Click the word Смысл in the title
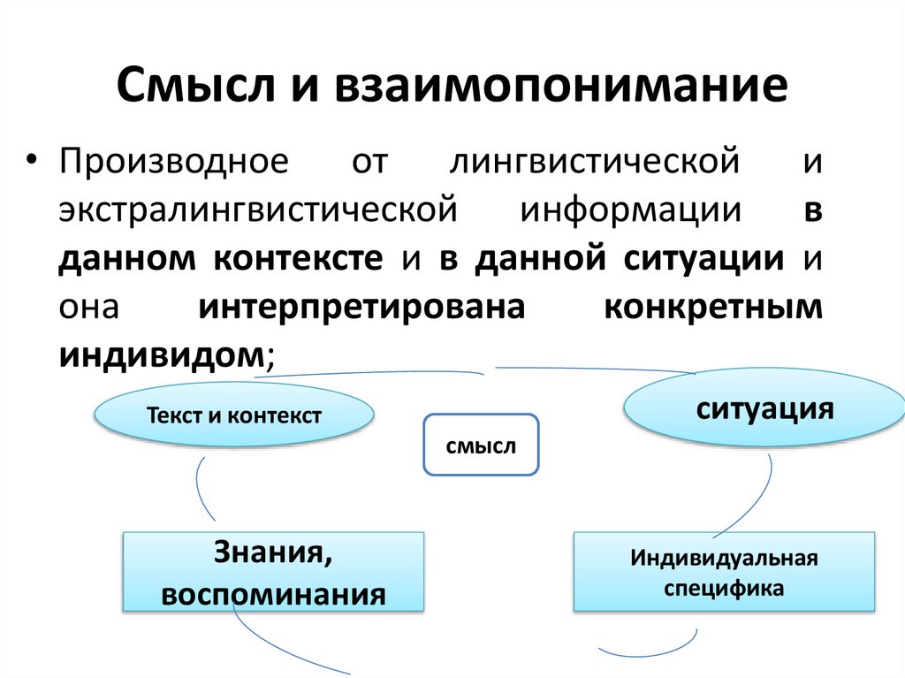tap(189, 87)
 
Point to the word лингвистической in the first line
tap(594, 163)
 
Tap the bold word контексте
tap(297, 258)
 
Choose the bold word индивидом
tap(161, 354)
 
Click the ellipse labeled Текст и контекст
tap(233, 415)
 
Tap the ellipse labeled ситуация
tap(764, 409)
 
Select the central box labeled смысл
tap(481, 446)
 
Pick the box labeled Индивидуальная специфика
tap(725, 572)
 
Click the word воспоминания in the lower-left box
tap(274, 593)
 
